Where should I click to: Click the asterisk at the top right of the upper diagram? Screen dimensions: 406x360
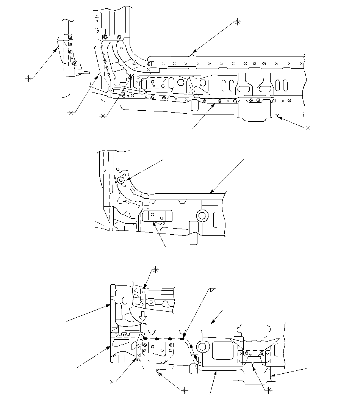[238, 21]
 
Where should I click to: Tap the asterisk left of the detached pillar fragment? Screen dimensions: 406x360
[28, 78]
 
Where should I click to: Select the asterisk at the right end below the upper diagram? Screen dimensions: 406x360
[308, 128]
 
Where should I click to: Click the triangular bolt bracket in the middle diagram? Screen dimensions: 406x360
[121, 180]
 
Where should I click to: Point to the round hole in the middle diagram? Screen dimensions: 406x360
[202, 216]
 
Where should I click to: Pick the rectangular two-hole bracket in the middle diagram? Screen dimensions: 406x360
[157, 216]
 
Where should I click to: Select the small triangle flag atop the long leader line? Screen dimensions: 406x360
[212, 290]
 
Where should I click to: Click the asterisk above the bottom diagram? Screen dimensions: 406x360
[155, 269]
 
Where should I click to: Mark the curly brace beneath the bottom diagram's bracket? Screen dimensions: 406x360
[157, 369]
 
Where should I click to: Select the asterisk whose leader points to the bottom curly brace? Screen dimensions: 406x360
[185, 390]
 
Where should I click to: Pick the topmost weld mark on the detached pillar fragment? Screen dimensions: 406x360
[70, 37]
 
